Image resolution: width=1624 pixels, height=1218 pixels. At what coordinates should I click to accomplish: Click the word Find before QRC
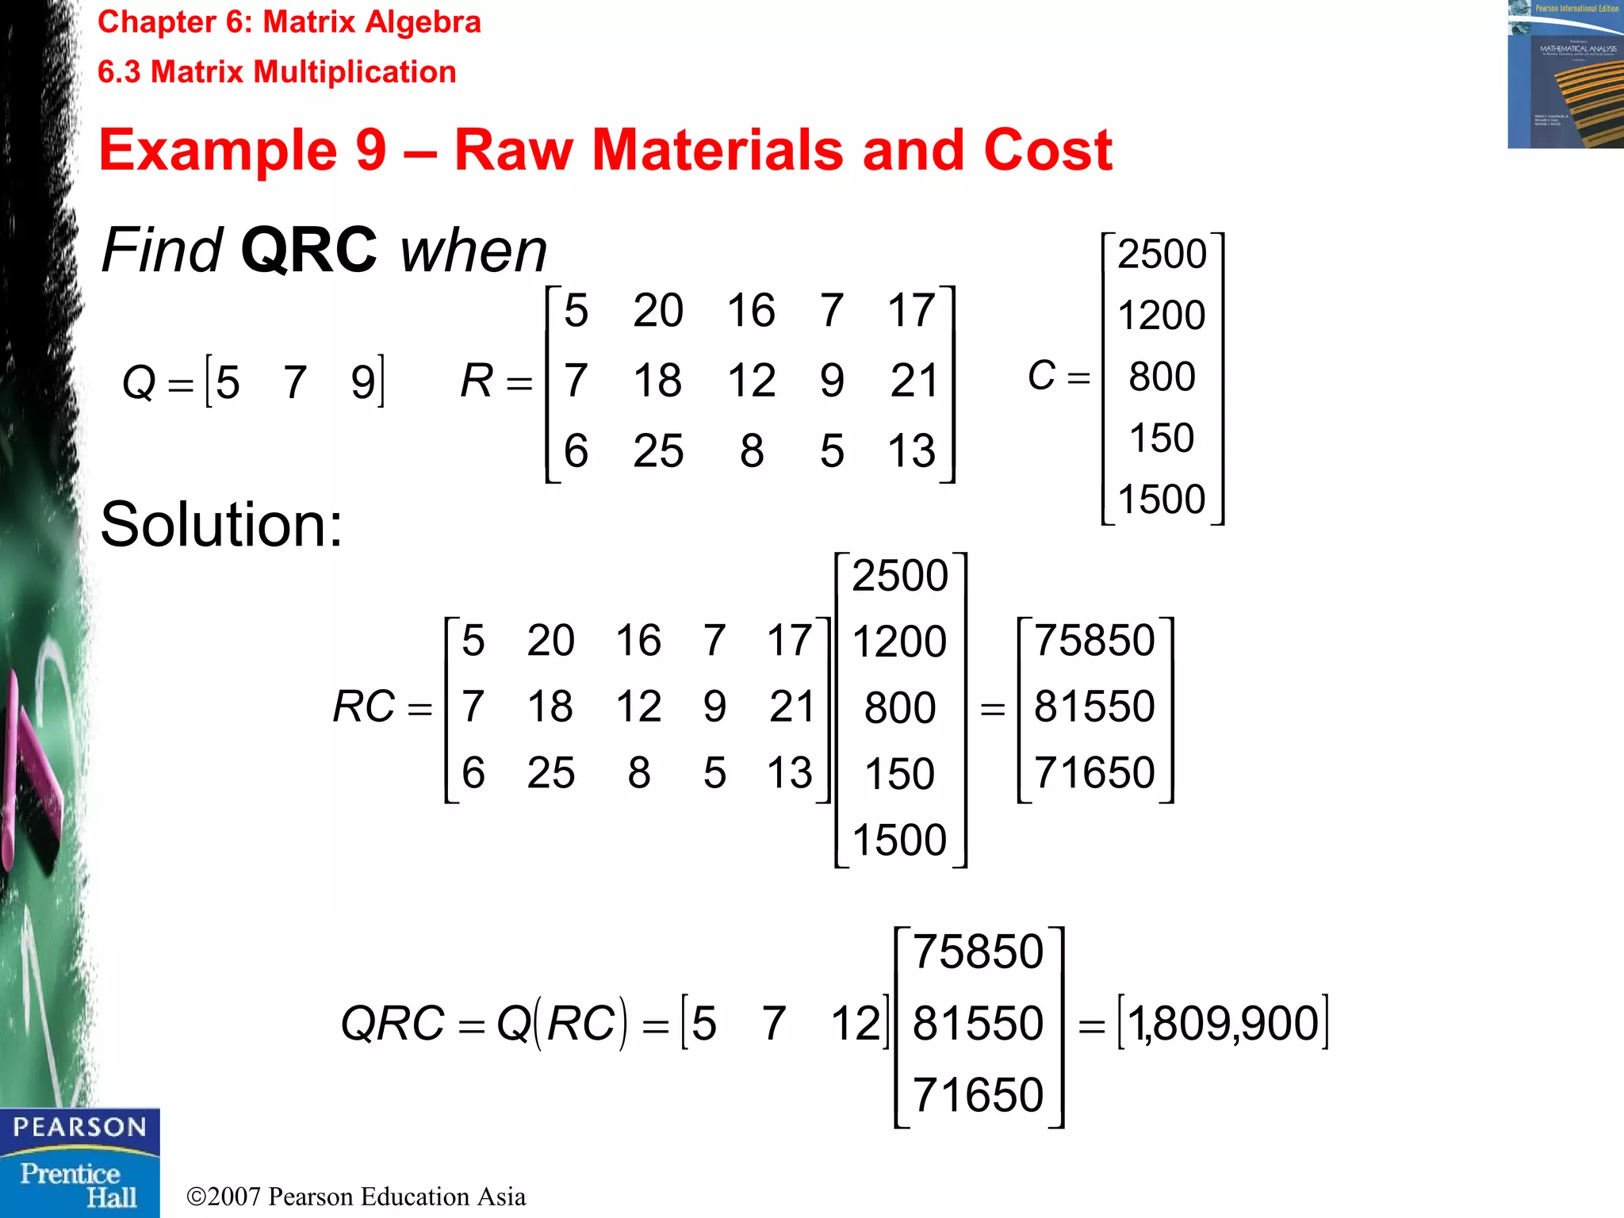tap(162, 251)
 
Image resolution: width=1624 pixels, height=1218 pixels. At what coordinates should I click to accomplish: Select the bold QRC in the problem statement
tap(308, 251)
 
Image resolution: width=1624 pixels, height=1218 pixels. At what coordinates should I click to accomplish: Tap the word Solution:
tap(221, 525)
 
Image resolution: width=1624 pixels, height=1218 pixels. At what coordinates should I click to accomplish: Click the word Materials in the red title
tap(718, 150)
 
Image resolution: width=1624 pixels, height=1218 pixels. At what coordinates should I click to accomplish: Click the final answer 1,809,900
tap(1223, 1023)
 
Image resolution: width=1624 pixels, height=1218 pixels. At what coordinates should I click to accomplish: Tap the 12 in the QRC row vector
tap(856, 1023)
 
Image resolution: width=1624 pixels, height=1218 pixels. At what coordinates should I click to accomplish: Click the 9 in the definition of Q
tap(363, 382)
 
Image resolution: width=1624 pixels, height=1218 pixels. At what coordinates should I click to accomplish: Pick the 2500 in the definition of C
tap(1162, 255)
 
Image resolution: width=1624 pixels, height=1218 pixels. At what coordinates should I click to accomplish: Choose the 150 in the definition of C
tap(1162, 438)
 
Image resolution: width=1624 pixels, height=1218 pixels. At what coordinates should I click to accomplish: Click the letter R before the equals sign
tap(477, 381)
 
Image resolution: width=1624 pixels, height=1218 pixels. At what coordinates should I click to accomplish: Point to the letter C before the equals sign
tap(1041, 375)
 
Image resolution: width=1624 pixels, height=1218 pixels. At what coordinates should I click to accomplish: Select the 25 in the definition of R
tap(658, 451)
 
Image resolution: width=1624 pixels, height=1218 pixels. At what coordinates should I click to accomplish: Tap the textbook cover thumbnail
tap(1565, 75)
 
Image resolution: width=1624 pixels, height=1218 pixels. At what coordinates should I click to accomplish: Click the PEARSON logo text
tap(79, 1127)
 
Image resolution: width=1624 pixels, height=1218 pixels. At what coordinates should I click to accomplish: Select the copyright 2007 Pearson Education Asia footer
tap(356, 1197)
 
